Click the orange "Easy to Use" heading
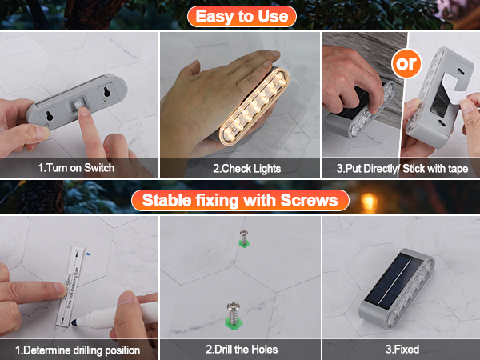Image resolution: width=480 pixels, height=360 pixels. tap(240, 15)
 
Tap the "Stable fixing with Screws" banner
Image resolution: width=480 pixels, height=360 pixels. tap(240, 198)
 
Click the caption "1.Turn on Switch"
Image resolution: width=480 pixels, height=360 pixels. tap(77, 168)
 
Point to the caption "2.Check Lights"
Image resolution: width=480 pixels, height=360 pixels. tap(240, 168)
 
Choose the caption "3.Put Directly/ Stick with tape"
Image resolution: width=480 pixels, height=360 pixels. tap(401, 168)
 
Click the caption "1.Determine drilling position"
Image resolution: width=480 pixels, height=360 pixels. tap(78, 350)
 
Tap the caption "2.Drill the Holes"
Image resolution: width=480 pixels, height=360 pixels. tap(240, 350)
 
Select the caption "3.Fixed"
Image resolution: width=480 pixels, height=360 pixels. tap(401, 350)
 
